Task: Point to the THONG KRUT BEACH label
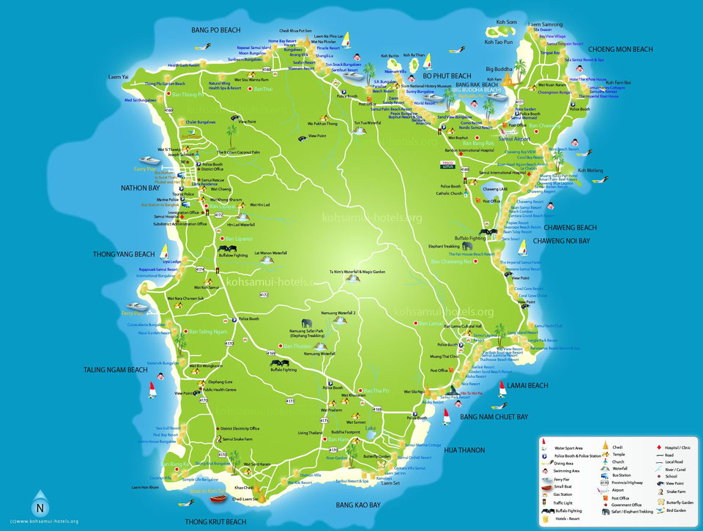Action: [215, 521]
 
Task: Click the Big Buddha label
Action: [499, 70]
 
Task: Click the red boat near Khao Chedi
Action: [218, 499]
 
